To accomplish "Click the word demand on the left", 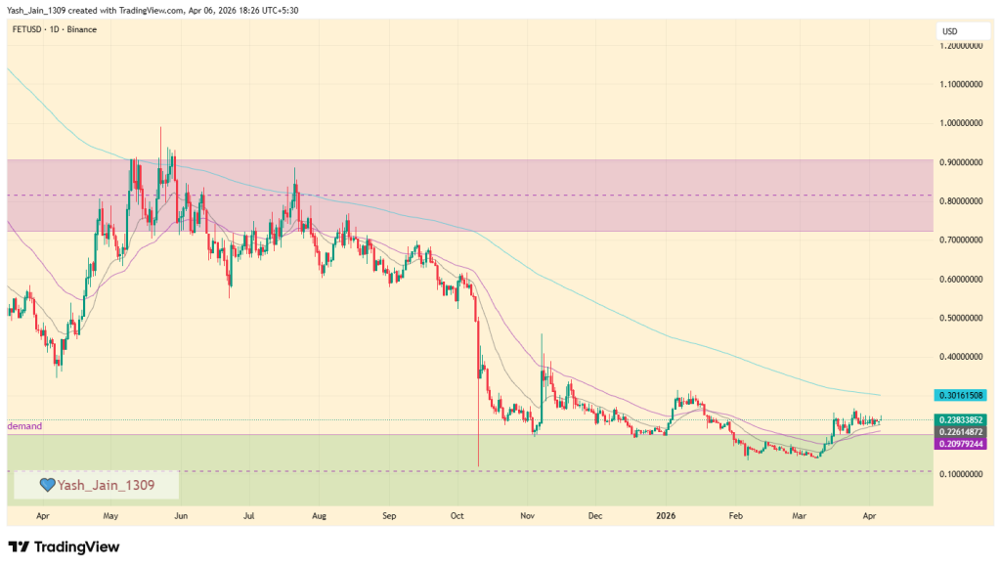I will pyautogui.click(x=23, y=427).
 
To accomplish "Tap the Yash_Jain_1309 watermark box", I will pyautogui.click(x=96, y=485).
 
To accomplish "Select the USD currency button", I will pyautogui.click(x=950, y=31).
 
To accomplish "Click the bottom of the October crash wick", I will pyautogui.click(x=478, y=465).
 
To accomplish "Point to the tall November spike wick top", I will pyautogui.click(x=542, y=334).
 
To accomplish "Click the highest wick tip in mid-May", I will pyautogui.click(x=161, y=127).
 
